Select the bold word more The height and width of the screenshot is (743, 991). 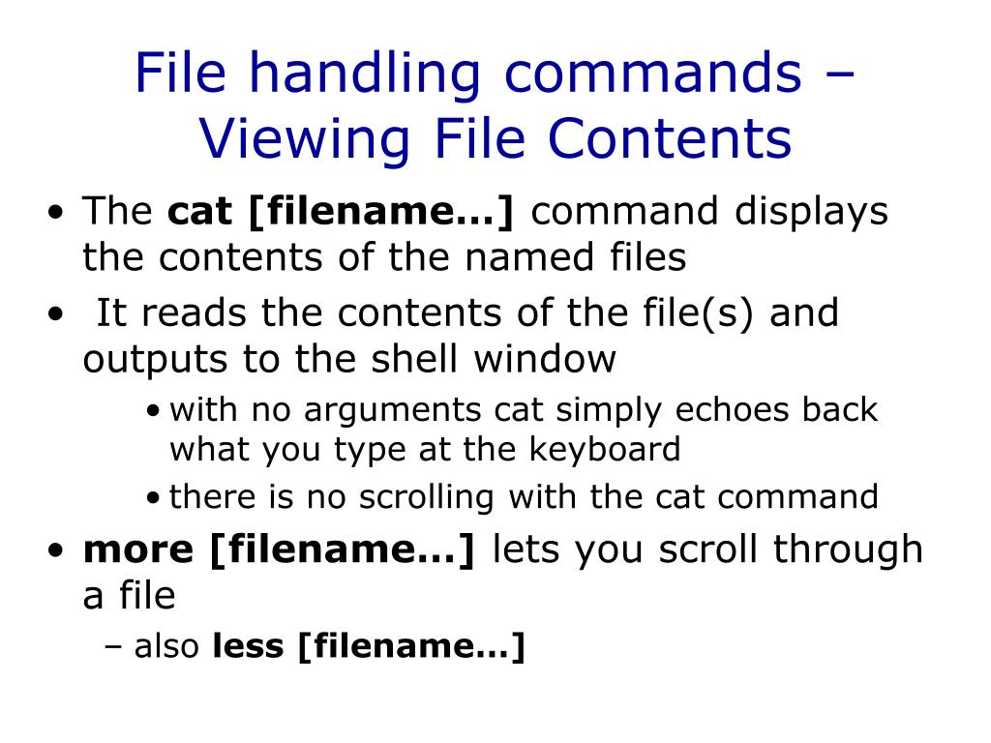(x=138, y=550)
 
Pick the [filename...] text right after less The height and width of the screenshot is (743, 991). (x=411, y=646)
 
